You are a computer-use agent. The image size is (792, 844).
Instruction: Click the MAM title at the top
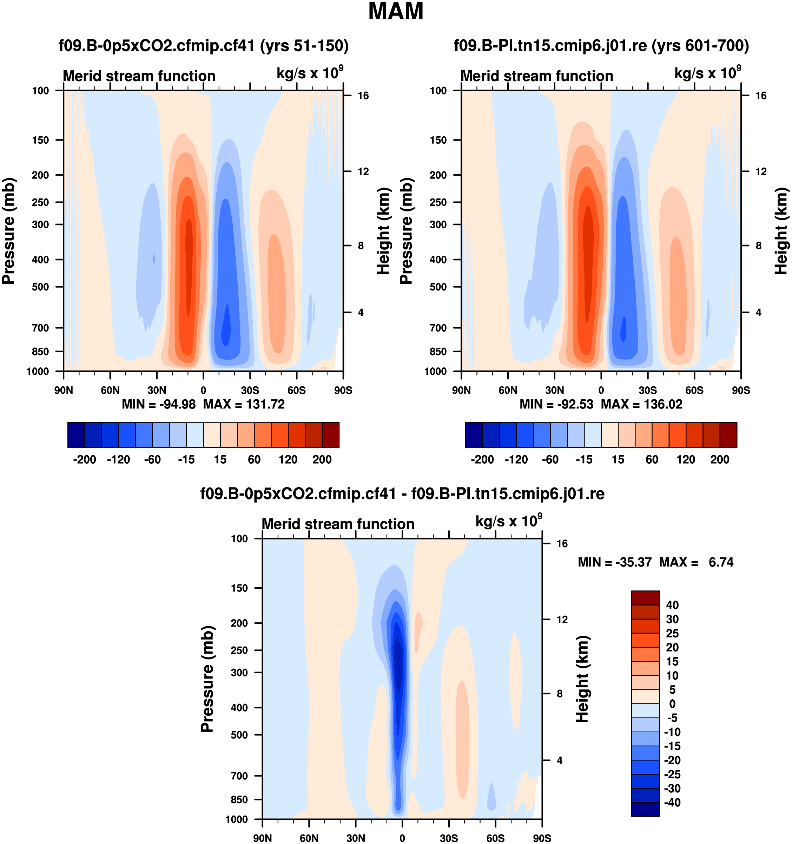point(396,12)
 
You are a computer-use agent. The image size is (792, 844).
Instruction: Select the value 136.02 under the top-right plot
point(663,404)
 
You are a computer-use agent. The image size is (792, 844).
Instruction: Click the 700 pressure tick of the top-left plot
point(41,328)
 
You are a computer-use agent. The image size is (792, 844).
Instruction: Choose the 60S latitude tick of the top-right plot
point(694,390)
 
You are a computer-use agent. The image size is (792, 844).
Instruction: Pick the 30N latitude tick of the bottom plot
point(356,838)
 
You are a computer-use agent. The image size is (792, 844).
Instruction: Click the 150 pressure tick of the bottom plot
point(239,588)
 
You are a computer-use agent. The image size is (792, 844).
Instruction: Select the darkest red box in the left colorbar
point(331,435)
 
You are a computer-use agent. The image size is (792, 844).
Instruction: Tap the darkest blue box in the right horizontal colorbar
point(474,435)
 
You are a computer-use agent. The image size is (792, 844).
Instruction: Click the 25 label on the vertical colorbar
point(672,633)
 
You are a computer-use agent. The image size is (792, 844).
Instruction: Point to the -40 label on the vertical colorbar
point(672,803)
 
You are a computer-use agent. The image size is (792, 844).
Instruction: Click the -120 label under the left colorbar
point(118,459)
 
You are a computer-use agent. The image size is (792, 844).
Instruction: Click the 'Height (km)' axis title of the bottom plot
point(583,679)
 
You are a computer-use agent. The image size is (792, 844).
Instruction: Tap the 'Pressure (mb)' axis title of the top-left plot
point(8,231)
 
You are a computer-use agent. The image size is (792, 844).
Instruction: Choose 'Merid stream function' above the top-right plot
point(537,76)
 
